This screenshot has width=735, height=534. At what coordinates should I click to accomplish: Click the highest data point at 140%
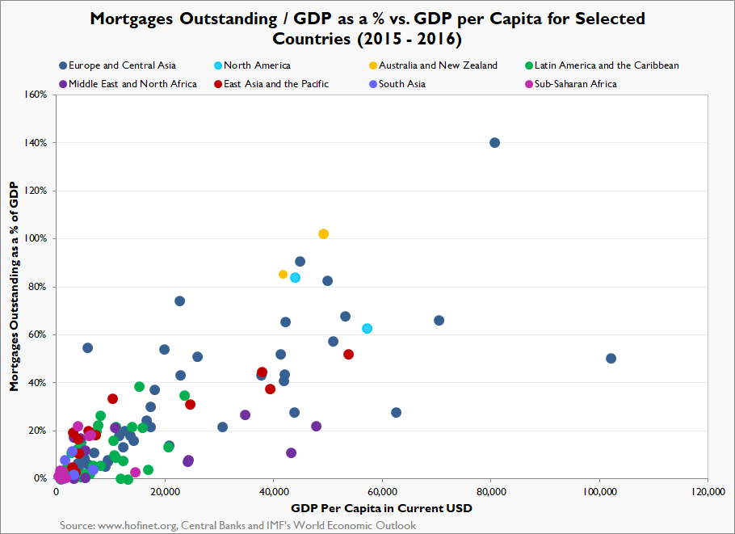(x=494, y=143)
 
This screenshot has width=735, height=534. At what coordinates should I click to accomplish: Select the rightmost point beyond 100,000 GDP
(x=611, y=359)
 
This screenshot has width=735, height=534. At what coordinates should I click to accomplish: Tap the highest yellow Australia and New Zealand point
(x=323, y=234)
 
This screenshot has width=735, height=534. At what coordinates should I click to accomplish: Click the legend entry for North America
(x=257, y=65)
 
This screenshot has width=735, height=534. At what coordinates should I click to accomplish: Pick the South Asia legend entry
(x=401, y=84)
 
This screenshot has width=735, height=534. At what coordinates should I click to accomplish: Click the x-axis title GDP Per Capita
(x=381, y=509)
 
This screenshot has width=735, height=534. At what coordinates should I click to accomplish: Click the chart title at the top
(x=367, y=28)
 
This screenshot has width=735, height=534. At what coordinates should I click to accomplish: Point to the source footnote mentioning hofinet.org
(x=238, y=526)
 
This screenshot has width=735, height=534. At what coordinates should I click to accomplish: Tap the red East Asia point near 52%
(x=348, y=355)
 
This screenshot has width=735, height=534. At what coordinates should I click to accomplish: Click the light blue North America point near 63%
(x=367, y=329)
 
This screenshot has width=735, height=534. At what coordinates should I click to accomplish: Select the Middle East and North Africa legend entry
(x=132, y=84)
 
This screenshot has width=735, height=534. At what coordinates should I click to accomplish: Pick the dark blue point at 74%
(x=179, y=301)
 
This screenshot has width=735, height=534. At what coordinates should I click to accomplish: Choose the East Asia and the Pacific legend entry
(x=276, y=84)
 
